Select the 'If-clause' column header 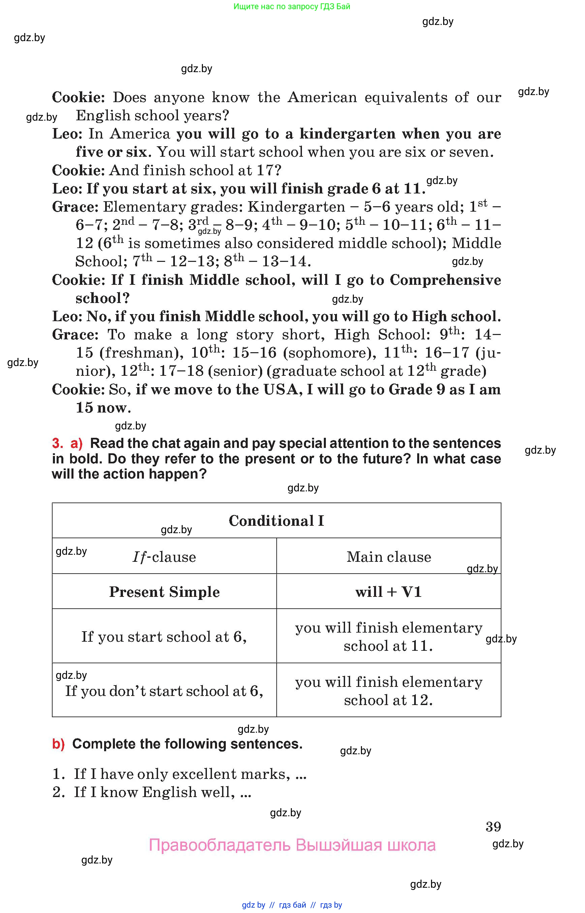coord(164,557)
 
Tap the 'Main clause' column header coord(389,557)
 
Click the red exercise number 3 coord(57,444)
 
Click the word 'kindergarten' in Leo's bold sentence coord(347,134)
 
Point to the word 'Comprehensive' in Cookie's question coord(445,280)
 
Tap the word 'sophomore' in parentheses coord(327,353)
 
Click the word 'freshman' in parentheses coord(139,353)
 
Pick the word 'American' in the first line coord(322,98)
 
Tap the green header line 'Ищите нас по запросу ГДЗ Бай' coord(292,6)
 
